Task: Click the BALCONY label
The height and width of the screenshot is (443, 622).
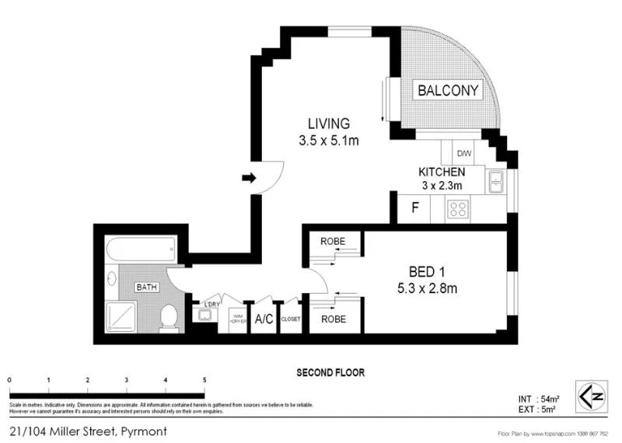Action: click(448, 90)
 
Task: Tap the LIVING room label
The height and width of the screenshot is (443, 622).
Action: click(328, 124)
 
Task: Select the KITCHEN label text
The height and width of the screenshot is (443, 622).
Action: click(442, 172)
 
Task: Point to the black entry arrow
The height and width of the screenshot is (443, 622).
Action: click(249, 178)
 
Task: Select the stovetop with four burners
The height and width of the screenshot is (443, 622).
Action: click(458, 208)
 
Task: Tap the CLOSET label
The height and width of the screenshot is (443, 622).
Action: click(290, 319)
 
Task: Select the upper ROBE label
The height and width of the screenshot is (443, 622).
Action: click(333, 242)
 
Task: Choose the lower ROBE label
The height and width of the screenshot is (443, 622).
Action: click(333, 319)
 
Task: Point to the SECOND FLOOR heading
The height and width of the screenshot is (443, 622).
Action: click(330, 372)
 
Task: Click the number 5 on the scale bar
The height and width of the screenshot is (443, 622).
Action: click(204, 379)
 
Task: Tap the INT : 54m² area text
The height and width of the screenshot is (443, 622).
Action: click(536, 398)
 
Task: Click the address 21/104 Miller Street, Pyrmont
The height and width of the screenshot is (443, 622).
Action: click(87, 430)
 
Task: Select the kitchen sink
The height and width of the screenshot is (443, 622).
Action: click(495, 183)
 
